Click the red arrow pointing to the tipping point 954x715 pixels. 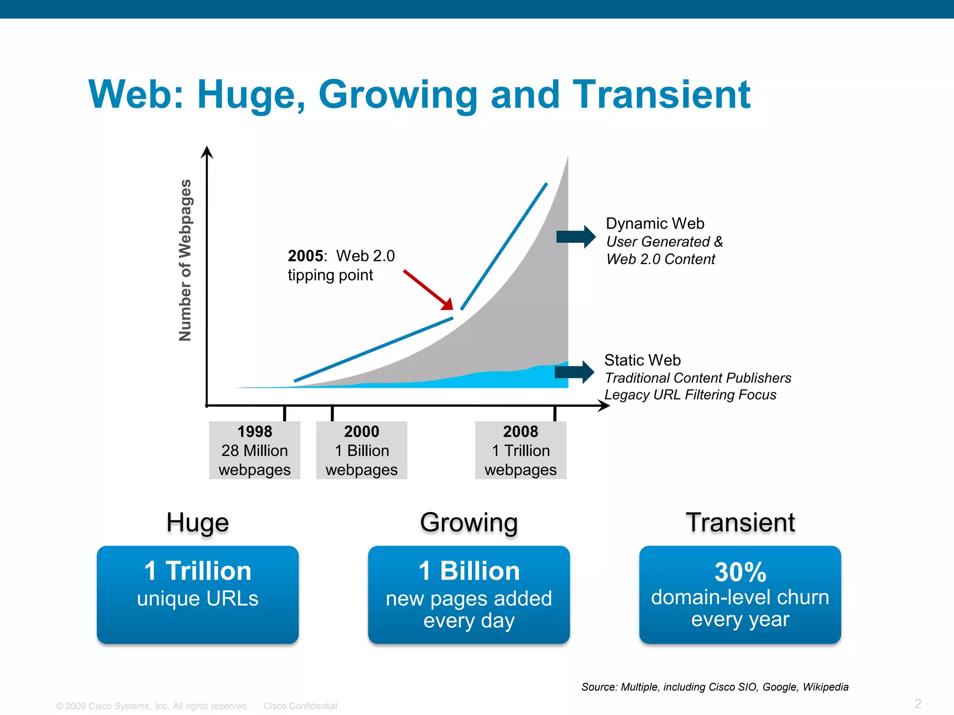pyautogui.click(x=428, y=290)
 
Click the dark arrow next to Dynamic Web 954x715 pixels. pyautogui.click(x=576, y=236)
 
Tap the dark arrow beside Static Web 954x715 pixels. pyautogui.click(x=574, y=371)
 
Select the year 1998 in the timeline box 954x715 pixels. pyautogui.click(x=255, y=432)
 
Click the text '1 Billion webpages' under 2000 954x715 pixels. pyautogui.click(x=361, y=460)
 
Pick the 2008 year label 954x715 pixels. pyautogui.click(x=520, y=432)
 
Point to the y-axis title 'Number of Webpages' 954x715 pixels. pyautogui.click(x=185, y=260)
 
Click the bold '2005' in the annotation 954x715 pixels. pyautogui.click(x=305, y=256)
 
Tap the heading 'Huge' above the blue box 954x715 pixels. pyautogui.click(x=198, y=522)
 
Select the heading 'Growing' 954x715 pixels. pyautogui.click(x=469, y=522)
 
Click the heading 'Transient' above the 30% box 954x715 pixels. pyautogui.click(x=740, y=522)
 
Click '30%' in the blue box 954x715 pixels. pyautogui.click(x=740, y=572)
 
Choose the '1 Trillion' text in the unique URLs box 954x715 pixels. pyautogui.click(x=198, y=571)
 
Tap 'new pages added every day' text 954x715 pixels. pyautogui.click(x=469, y=609)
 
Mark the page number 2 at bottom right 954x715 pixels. pyautogui.click(x=918, y=703)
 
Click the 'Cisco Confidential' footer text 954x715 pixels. pyautogui.click(x=300, y=706)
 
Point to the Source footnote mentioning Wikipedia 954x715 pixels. pyautogui.click(x=715, y=687)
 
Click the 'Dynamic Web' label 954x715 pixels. pyautogui.click(x=655, y=223)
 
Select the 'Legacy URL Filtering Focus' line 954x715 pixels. pyautogui.click(x=690, y=395)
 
